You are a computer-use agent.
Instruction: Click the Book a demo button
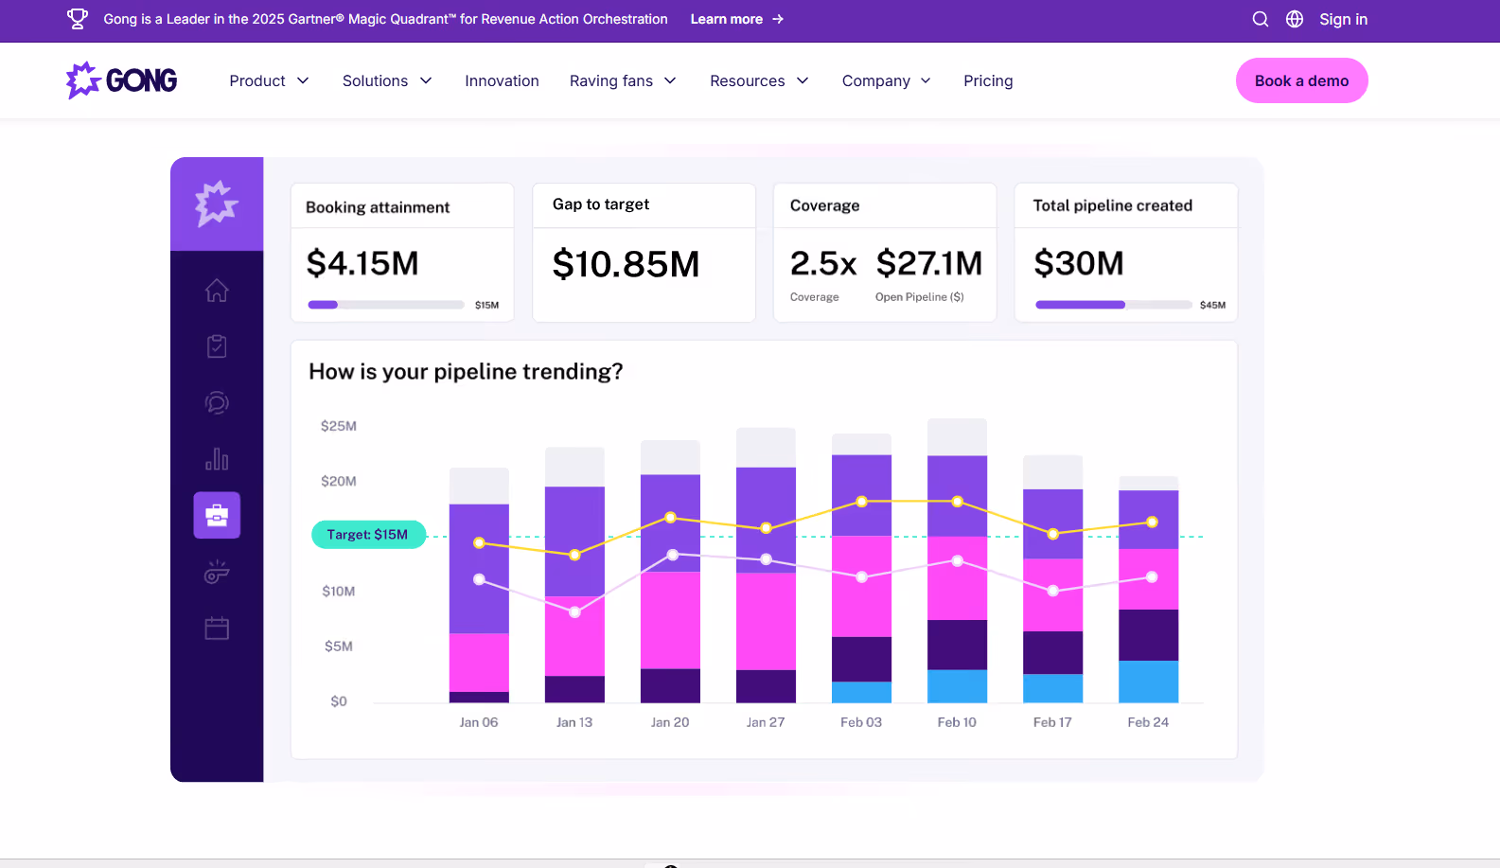click(x=1301, y=80)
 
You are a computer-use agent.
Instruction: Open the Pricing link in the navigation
click(x=988, y=81)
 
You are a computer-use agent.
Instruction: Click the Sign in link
click(x=1343, y=19)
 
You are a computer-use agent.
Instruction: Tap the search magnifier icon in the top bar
click(x=1260, y=19)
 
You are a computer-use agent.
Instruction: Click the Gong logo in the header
click(x=122, y=80)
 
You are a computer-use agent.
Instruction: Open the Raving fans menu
click(x=623, y=81)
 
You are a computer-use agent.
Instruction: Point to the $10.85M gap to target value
click(x=626, y=264)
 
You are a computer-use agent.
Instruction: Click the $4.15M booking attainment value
click(x=362, y=263)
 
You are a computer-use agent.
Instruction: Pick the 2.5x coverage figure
click(x=823, y=263)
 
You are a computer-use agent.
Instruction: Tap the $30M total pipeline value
click(x=1079, y=263)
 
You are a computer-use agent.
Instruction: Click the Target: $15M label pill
click(x=368, y=535)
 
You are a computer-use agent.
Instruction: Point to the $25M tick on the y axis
click(x=339, y=426)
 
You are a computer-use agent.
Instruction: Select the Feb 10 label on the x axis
click(x=957, y=722)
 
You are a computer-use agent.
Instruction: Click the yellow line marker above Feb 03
click(x=861, y=502)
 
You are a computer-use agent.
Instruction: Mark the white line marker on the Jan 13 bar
click(x=574, y=612)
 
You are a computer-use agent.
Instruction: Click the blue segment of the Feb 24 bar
click(x=1148, y=682)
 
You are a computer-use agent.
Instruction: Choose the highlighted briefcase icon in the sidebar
click(x=217, y=515)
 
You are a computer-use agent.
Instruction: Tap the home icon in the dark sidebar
click(x=217, y=290)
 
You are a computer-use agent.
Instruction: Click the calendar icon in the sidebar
click(x=217, y=628)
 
